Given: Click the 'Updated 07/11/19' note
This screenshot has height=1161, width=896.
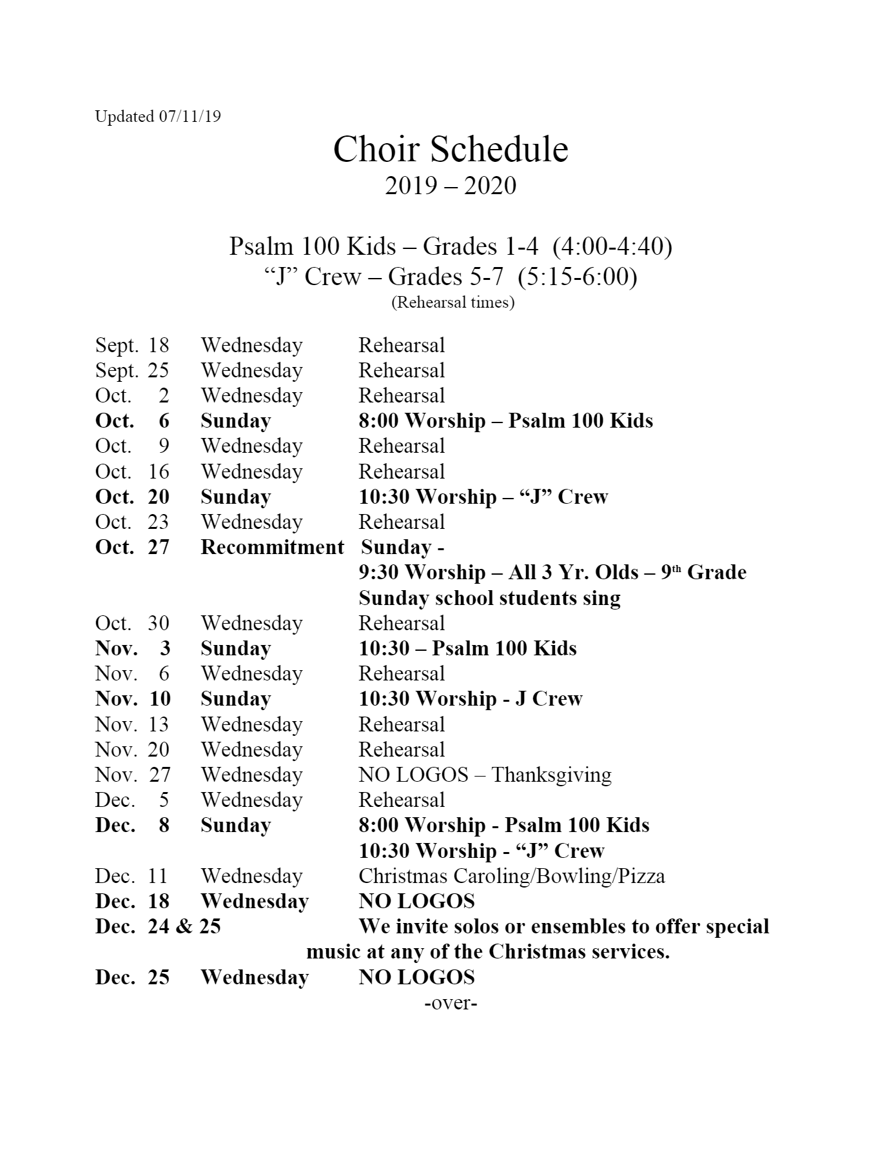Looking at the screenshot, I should [158, 117].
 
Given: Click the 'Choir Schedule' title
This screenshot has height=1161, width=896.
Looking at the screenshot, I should [451, 150].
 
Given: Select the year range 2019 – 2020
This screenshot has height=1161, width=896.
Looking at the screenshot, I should [451, 186].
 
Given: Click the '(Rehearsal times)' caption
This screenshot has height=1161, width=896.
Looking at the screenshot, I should [453, 303].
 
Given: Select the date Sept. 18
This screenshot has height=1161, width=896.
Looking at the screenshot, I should [132, 345].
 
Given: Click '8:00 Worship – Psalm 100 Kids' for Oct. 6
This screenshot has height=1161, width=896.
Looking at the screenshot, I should [505, 421].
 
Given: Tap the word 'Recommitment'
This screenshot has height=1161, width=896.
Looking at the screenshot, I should [272, 548].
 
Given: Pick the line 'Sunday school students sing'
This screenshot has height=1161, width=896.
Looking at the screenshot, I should [489, 598].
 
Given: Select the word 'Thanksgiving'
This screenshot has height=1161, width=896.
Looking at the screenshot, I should [551, 775].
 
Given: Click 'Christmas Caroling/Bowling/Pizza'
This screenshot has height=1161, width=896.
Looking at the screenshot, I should [511, 876].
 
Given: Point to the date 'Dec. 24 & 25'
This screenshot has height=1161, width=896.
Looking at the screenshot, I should [158, 927].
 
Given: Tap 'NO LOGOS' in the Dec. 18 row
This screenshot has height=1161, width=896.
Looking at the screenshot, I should [416, 902].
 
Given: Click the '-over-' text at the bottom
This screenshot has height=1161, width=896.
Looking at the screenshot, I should [451, 1003].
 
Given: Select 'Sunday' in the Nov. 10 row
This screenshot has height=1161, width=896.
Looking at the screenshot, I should [235, 699].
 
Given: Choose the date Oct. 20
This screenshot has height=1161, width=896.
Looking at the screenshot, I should [132, 497].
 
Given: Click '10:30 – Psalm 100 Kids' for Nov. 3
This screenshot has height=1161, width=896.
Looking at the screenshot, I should [467, 648].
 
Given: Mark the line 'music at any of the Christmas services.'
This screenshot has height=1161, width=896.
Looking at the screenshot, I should [488, 952].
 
